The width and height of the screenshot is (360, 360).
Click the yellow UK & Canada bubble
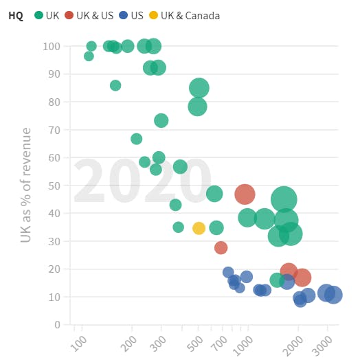tap(199, 228)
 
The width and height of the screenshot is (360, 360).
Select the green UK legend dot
tap(38, 15)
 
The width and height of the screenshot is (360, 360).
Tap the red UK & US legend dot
tap(69, 15)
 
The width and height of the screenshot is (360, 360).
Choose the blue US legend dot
tap(124, 15)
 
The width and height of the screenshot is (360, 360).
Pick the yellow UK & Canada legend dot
tap(153, 15)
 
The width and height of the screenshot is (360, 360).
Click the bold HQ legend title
tap(16, 16)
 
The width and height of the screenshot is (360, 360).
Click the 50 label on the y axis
tap(54, 185)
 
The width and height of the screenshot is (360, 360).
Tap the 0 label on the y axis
tap(58, 325)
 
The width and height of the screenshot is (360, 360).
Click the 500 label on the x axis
tap(195, 344)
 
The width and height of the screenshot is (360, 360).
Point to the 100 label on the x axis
tap(79, 344)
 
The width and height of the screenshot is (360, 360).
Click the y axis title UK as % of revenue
tap(25, 185)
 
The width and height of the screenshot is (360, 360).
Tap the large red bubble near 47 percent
tap(245, 194)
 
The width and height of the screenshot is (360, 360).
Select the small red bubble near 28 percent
tap(221, 248)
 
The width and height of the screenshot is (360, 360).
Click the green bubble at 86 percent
tap(115, 85)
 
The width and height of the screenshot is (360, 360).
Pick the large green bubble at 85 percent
tap(199, 88)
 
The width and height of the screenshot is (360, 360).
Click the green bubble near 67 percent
tap(137, 139)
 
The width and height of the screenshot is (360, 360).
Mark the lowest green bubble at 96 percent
tap(89, 56)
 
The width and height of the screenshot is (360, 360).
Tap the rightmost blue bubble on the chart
tap(334, 295)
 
